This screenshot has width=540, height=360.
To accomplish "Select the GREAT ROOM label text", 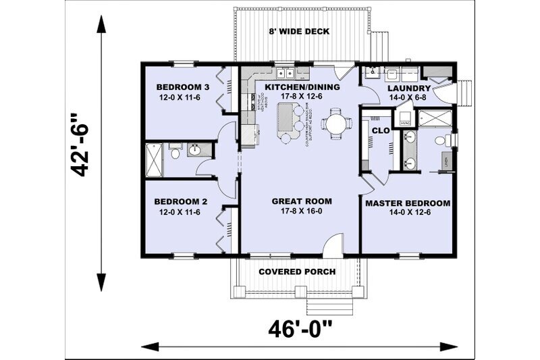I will coord(302,201).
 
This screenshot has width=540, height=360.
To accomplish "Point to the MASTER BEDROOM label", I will coord(408,203).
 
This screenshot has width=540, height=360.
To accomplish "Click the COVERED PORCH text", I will coord(298,272).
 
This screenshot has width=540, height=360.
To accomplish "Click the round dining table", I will coord(335,124).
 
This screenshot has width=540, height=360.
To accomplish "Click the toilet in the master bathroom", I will coord(441,141).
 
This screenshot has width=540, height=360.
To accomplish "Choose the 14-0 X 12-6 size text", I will coord(408,212).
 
